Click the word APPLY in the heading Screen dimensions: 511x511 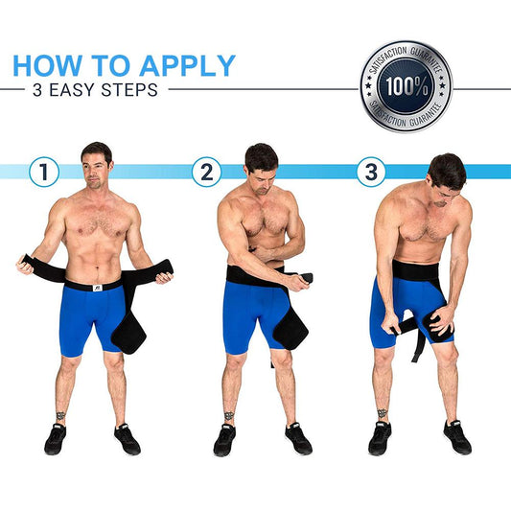pos(187,65)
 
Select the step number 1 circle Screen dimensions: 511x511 pos(43,173)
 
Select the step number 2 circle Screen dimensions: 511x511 pos(206,173)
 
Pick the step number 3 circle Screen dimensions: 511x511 pos(371,173)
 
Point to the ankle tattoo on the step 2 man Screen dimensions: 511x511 pos(229,417)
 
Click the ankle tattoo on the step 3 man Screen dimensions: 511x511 pos(382,414)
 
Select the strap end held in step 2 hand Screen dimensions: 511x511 pos(307,279)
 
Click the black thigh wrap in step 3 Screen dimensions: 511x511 pos(436,321)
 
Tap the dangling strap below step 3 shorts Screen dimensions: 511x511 pos(417,345)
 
